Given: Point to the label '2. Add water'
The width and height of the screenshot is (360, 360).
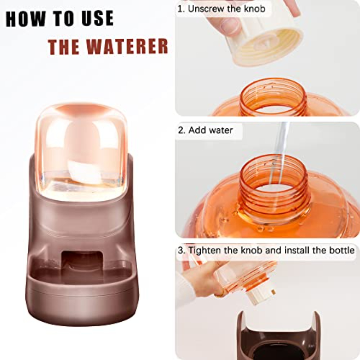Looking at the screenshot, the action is [205, 130].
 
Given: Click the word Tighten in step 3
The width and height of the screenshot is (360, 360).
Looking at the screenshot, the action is [205, 250].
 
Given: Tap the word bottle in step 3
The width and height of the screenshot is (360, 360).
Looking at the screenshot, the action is [342, 250].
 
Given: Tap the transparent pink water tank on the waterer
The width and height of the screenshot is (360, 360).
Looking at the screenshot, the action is [81, 147].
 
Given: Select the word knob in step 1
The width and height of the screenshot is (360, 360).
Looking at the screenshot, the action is [255, 9].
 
